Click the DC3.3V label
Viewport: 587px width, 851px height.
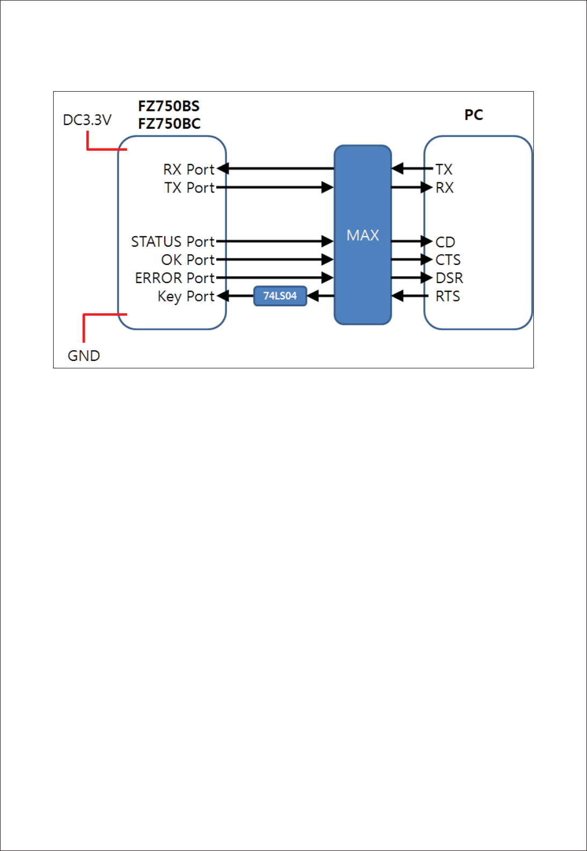[87, 120]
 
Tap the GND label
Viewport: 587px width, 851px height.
[84, 356]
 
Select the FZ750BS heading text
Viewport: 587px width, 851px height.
[168, 106]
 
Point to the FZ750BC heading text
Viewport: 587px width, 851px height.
[169, 123]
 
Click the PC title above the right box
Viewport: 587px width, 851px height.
[473, 115]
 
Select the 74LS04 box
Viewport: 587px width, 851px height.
[280, 296]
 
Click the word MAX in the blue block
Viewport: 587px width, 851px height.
[363, 235]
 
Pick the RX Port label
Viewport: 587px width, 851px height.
[189, 169]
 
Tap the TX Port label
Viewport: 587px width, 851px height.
[189, 188]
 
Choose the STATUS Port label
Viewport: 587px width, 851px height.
[173, 242]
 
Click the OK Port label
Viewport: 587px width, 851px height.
[188, 260]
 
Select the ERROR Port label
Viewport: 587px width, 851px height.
[175, 278]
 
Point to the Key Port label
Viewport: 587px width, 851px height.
[186, 297]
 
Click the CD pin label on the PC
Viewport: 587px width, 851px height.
[445, 242]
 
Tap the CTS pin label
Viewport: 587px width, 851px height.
[448, 260]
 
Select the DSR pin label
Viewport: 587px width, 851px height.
[449, 278]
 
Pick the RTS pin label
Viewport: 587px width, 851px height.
[447, 297]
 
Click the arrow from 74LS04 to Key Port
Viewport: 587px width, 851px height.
[236, 296]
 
